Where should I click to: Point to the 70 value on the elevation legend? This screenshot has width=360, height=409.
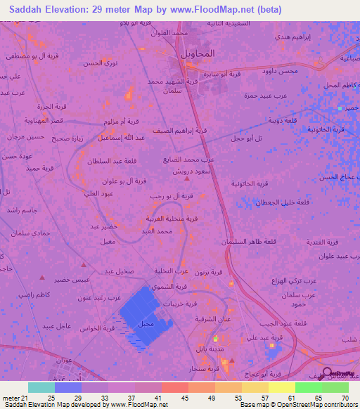tap(345, 379)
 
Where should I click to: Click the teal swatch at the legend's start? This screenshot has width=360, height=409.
tap(41, 387)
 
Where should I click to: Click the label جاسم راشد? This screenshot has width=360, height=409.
tap(22, 210)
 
